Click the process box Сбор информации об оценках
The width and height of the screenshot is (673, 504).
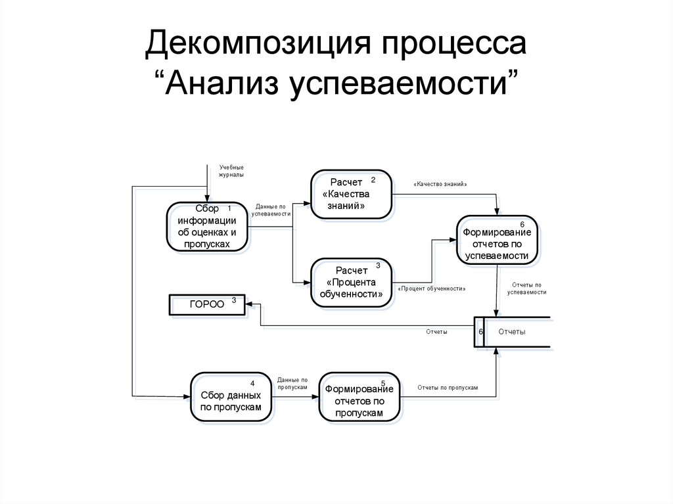coord(207,227)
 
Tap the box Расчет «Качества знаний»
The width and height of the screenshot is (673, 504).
coord(351,195)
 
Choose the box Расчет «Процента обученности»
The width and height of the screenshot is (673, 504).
coord(351,283)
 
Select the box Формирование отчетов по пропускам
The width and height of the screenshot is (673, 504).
coord(359,397)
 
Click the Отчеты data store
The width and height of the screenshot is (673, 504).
coord(512,332)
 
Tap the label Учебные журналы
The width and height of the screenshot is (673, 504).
coord(231,172)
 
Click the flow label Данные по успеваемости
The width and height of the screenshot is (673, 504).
coord(271,210)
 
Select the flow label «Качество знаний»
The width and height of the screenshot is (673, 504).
coord(440,185)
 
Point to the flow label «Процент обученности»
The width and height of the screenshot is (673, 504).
coord(432,288)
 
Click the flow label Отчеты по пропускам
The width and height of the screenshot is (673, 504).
coord(448,388)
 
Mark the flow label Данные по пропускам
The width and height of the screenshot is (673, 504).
coord(292,384)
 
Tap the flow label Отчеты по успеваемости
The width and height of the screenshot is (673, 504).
coord(527,288)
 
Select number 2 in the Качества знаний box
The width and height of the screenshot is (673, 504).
coord(373,179)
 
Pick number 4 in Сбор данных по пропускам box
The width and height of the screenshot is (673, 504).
coord(252,383)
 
